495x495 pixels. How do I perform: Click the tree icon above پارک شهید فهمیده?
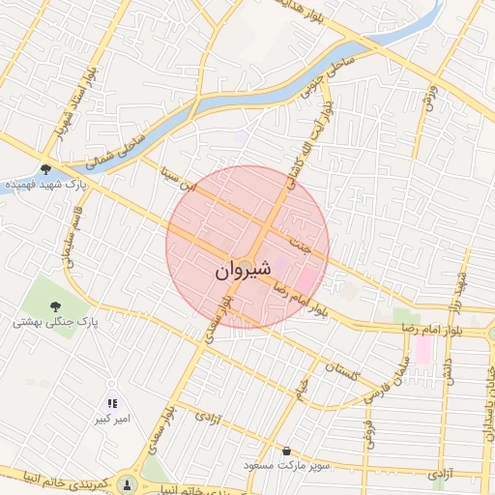pos(45,168)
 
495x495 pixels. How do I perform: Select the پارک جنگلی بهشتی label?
pos(45,322)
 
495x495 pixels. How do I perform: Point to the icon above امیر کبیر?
pos(112,403)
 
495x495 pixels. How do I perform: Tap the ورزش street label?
pos(426,97)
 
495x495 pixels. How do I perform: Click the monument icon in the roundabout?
pos(126,483)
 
